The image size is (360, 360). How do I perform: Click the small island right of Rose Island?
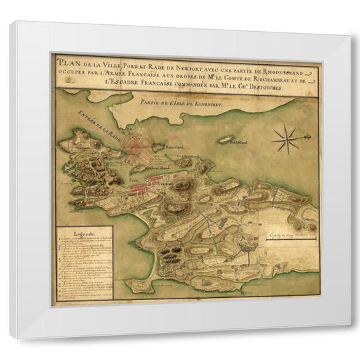pos(227,141)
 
